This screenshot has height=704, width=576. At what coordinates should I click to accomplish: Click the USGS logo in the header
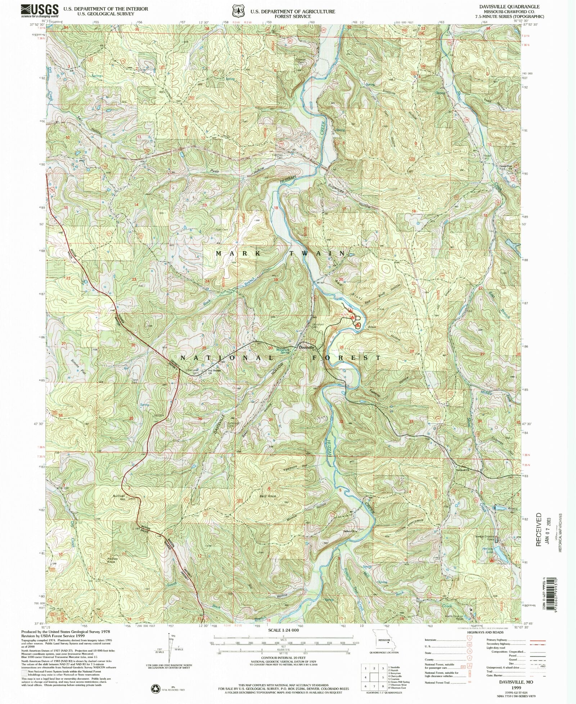(x=40, y=11)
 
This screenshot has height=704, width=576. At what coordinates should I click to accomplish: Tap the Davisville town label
(x=307, y=347)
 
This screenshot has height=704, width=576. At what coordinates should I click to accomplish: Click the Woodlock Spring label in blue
(x=283, y=351)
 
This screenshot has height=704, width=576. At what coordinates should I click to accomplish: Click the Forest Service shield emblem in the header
(x=236, y=11)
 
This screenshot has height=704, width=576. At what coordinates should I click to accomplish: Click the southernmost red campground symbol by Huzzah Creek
(x=358, y=325)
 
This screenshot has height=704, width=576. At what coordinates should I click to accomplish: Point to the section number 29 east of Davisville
(x=341, y=346)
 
